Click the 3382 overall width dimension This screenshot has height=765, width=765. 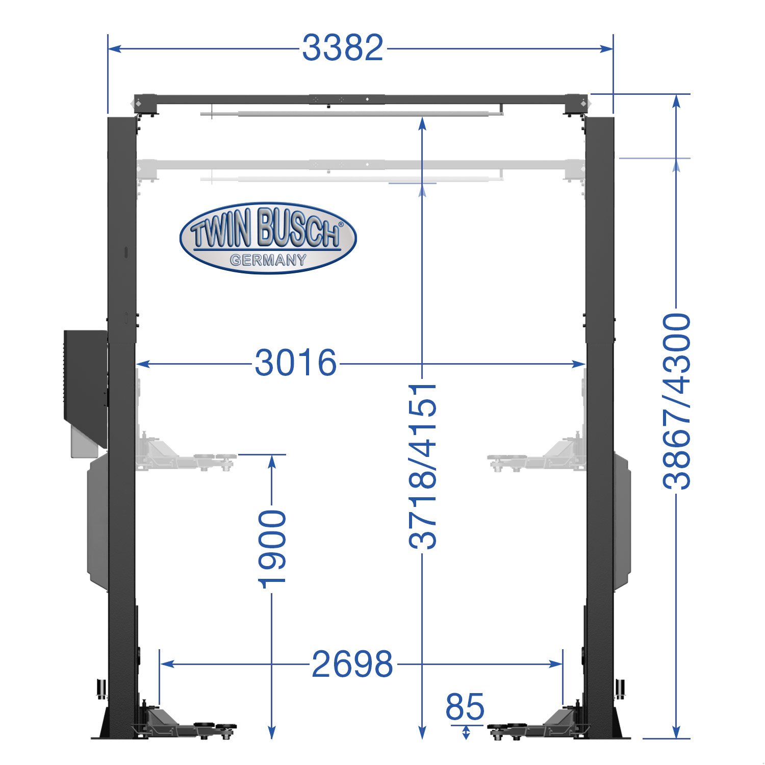pos(342,48)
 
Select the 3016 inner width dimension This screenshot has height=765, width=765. pos(296,363)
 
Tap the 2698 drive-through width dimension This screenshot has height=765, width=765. pos(352,664)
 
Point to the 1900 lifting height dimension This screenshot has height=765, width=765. pos(272,549)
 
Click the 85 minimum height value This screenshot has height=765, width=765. pos(465,707)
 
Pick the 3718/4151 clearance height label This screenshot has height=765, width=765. pos(423,466)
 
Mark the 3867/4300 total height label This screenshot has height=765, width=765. pos(677,401)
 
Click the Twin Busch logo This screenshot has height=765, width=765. pos(268,238)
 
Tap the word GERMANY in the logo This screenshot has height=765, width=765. pos(268,260)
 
